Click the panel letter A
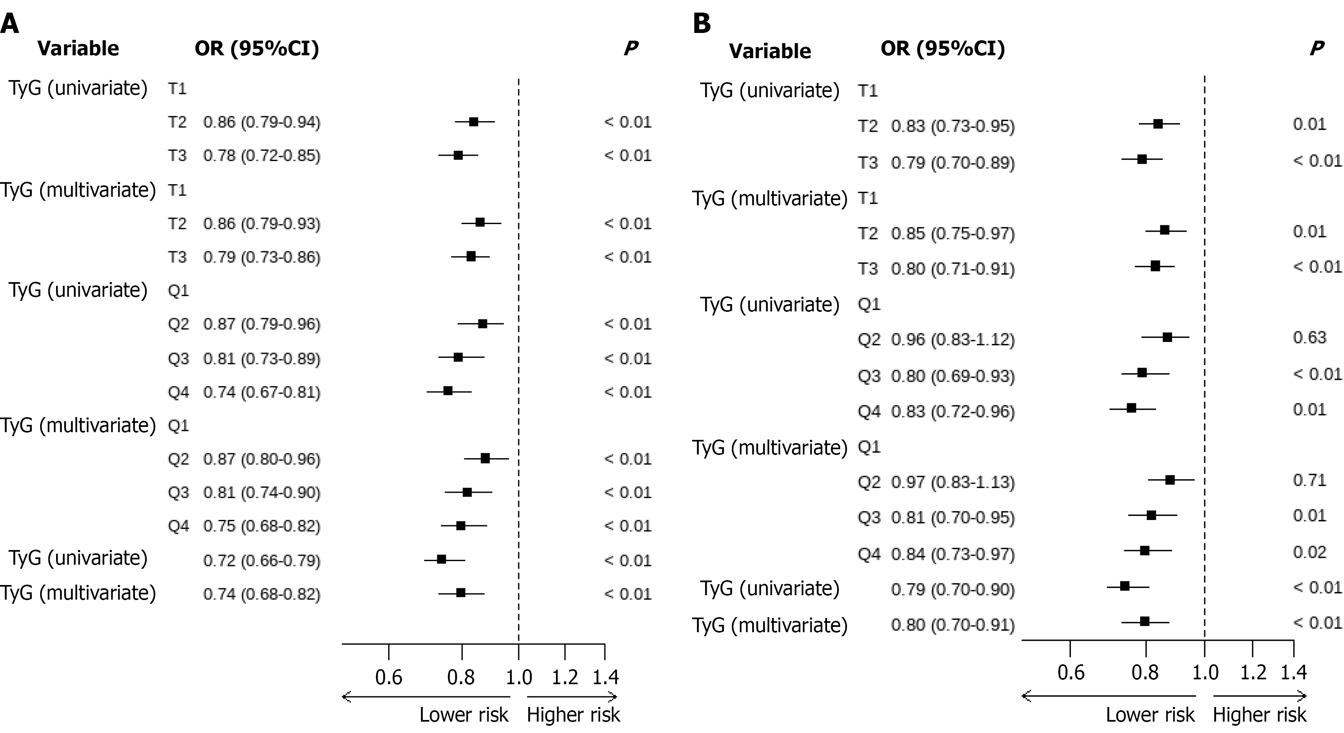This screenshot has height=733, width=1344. pos(10,24)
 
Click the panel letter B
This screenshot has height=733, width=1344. pos(702,24)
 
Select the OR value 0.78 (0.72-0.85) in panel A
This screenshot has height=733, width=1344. pos(262,156)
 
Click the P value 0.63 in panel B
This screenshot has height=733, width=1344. pos(1309,337)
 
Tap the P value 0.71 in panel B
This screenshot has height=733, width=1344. pos(1309,479)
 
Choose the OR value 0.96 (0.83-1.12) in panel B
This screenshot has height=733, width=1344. pos(953,340)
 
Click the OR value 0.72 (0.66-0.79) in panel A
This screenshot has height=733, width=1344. pos(262,561)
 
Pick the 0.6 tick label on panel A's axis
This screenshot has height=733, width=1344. pos(389,677)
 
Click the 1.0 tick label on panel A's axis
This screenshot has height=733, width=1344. pos(519,677)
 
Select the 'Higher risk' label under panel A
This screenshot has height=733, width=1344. pos(573,715)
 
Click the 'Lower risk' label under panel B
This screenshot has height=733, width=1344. pos(1150,715)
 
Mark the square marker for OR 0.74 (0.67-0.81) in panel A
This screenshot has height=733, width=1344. pos(447,391)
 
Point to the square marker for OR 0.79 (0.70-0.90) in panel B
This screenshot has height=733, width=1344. pos(1125,586)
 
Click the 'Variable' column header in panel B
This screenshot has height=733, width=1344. pos(770,51)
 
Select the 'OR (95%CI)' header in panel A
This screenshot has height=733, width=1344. pos(257,48)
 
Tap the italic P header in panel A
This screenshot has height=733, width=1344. pos(631,48)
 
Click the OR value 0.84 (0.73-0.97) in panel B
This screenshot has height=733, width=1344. pos(953,555)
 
